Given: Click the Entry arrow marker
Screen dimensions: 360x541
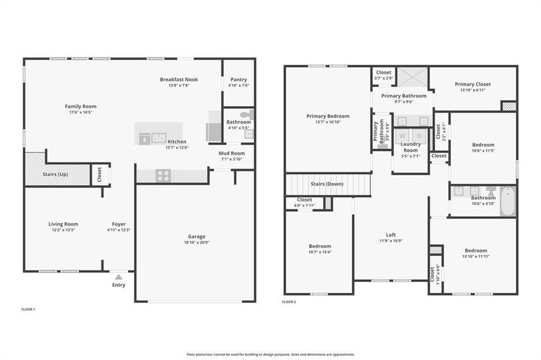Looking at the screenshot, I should click(119, 277).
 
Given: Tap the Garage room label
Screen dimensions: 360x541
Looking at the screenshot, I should click(196, 236).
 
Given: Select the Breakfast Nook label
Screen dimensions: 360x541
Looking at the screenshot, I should click(179, 79).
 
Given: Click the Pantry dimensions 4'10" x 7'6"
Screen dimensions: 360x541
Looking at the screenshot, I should click(238, 86).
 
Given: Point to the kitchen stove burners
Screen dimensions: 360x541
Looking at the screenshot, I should click(163, 175).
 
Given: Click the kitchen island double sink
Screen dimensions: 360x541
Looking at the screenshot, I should click(159, 137).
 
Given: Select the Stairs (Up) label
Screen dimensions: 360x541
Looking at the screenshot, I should click(55, 174).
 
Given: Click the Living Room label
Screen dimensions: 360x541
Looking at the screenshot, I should click(63, 224).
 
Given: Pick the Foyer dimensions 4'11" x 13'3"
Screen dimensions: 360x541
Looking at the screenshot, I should click(119, 230).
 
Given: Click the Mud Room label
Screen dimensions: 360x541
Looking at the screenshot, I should click(231, 153).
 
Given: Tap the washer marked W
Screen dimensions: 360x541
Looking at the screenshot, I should click(402, 136).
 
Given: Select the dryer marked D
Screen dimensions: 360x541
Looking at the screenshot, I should click(419, 136).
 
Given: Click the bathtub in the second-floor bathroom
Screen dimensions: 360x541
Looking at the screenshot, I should click(507, 202).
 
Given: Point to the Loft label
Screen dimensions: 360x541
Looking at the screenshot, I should click(390, 235).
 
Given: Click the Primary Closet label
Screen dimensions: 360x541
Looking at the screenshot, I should click(473, 84).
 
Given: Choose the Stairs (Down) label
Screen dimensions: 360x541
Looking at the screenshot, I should click(327, 184).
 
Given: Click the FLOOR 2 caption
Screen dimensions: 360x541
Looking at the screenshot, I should click(289, 302).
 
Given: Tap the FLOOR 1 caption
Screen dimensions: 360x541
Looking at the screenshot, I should click(28, 309).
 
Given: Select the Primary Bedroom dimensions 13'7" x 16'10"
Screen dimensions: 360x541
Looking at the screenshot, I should click(327, 122).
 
